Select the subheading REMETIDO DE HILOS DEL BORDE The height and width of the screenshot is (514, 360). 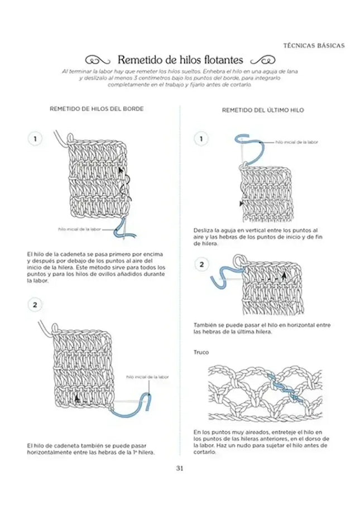point(97,109)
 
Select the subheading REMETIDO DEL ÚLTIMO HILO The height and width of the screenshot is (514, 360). point(263,111)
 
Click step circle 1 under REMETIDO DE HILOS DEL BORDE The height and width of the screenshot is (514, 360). point(35,139)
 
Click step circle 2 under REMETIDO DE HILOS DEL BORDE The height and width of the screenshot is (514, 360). point(35,305)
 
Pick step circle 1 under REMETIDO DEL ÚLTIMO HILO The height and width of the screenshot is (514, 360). point(201,139)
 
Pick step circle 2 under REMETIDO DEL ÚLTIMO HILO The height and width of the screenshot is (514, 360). point(201,264)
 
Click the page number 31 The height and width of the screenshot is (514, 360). point(180,468)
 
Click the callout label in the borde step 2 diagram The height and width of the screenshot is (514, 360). point(147,377)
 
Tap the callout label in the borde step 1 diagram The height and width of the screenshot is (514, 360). point(79,229)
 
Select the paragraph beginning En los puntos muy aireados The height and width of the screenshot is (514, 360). point(260,442)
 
